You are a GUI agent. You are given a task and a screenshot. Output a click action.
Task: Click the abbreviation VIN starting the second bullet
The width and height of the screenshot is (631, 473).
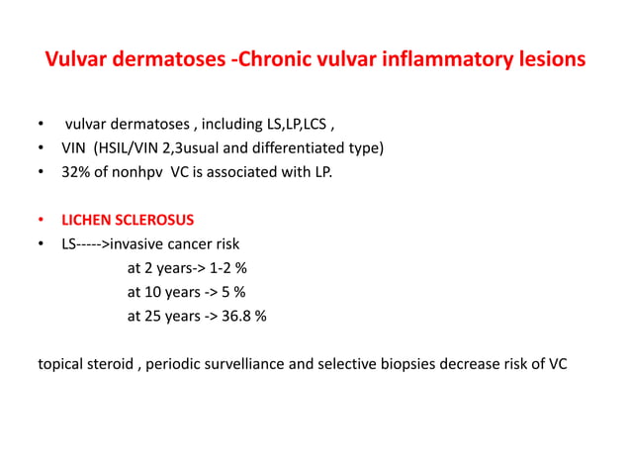coord(76,149)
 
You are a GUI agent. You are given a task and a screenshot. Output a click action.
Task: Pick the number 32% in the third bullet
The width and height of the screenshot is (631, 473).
coord(78,173)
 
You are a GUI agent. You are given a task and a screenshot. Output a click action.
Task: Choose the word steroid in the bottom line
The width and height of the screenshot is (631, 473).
coord(110,363)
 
